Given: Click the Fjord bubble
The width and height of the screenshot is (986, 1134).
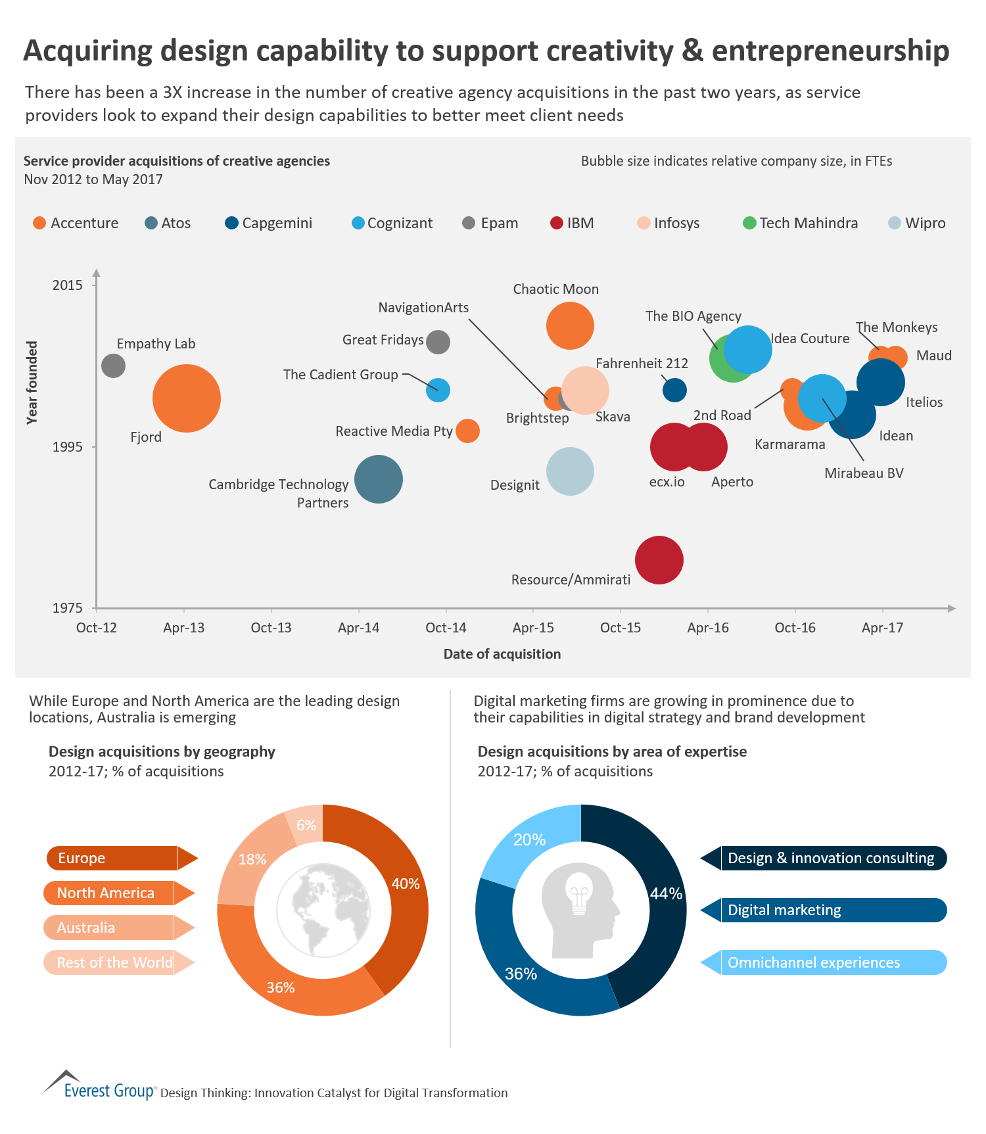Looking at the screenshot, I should click(186, 398).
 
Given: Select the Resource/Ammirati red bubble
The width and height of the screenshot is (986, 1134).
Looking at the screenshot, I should click(659, 560).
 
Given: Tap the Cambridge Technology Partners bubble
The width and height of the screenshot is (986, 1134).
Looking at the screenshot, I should click(378, 479).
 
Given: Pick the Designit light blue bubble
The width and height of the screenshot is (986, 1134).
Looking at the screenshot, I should click(570, 471).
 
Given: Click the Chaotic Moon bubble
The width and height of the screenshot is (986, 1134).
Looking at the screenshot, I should click(570, 325).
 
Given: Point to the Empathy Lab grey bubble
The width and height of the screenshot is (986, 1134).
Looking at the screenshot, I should click(113, 366).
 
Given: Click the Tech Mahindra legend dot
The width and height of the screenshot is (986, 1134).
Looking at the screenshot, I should click(749, 223).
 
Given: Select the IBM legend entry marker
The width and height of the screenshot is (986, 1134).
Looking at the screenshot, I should click(556, 223).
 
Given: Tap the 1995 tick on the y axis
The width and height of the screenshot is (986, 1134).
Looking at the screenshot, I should click(68, 447).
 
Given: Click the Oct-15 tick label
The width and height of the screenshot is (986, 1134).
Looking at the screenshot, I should click(620, 628).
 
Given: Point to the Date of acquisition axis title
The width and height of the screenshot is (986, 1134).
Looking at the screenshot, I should click(502, 654).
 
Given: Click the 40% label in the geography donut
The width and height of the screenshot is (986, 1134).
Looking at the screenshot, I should click(405, 884).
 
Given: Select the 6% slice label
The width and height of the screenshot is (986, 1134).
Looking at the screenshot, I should click(306, 825).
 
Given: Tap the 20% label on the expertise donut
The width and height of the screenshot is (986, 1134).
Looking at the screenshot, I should click(529, 839).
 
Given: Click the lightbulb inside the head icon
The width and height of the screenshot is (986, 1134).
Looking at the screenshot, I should click(579, 892).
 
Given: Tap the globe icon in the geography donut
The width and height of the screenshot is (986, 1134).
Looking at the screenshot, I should click(323, 910).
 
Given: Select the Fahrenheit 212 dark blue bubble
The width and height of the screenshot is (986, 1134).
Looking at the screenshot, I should click(674, 390).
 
